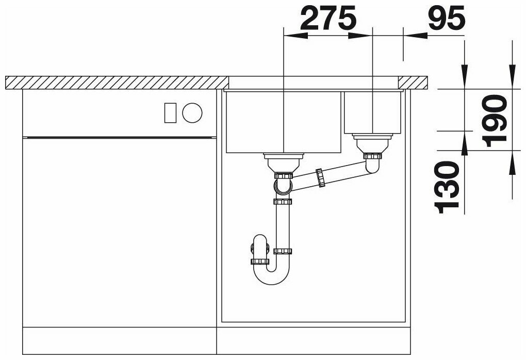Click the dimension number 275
(328, 18)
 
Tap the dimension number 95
(447, 18)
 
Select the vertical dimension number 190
(494, 121)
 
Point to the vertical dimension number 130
(447, 187)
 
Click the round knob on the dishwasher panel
(192, 113)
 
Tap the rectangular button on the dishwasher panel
(170, 113)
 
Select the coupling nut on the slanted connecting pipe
(321, 177)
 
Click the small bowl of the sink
(372, 112)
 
